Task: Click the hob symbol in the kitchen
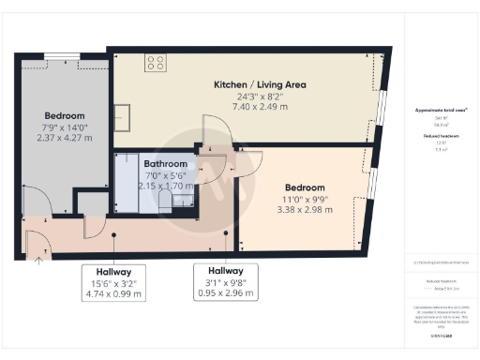click(156, 63)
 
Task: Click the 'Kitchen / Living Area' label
click(260, 84)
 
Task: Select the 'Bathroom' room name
click(163, 162)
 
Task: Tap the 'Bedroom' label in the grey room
click(64, 115)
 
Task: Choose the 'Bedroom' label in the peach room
click(306, 187)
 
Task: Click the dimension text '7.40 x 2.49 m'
click(260, 109)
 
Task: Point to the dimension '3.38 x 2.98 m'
click(306, 210)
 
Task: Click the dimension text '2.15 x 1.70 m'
click(163, 186)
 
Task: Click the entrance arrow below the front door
click(38, 262)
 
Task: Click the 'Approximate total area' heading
click(441, 110)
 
